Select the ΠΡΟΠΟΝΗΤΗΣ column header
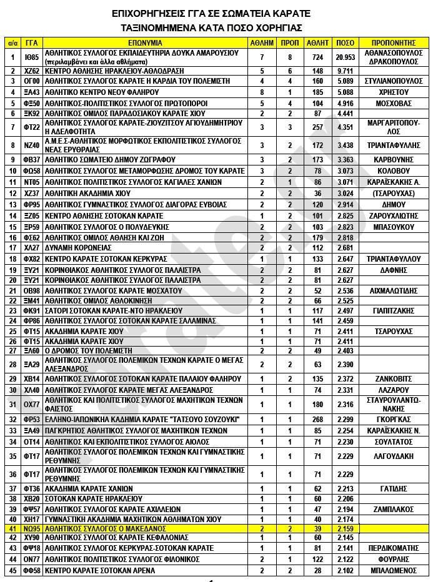[x=394, y=43]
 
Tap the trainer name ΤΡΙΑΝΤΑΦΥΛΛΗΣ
[x=394, y=144]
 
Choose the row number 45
[x=12, y=570]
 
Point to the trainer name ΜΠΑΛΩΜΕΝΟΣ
[x=394, y=570]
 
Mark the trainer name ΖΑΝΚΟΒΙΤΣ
[x=394, y=378]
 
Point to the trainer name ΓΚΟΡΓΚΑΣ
[x=394, y=419]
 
